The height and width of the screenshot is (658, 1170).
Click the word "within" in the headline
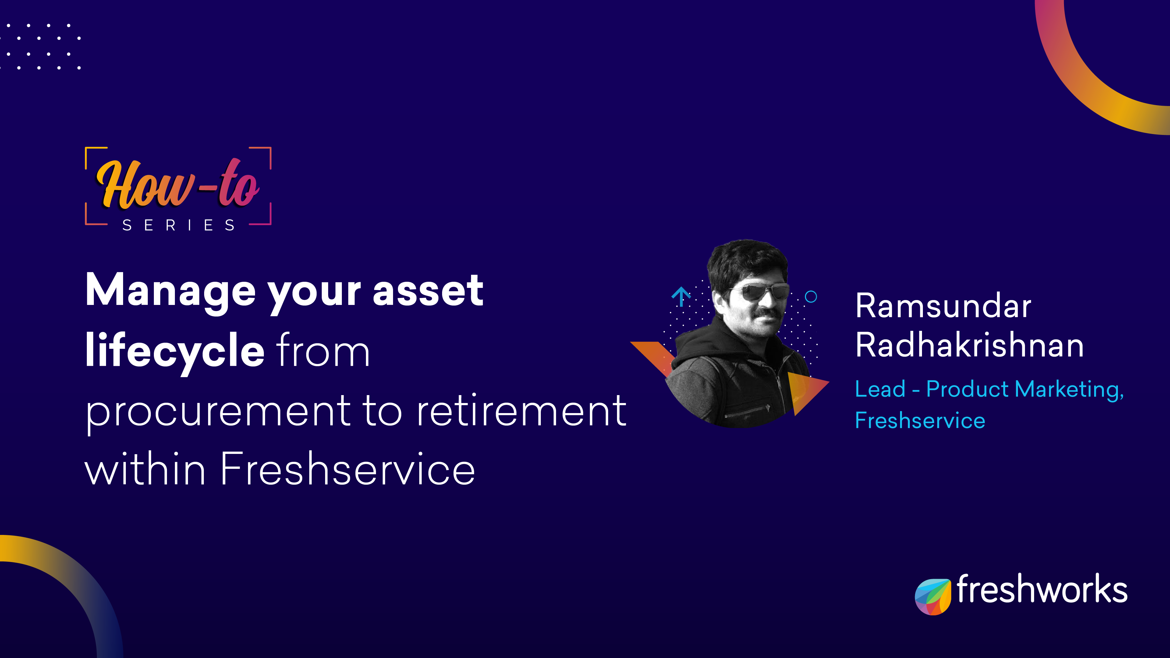[145, 469]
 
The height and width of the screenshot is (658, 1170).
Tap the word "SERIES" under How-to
[179, 225]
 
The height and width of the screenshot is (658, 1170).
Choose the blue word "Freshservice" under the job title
[920, 420]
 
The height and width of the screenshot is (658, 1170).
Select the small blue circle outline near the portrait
[811, 297]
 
